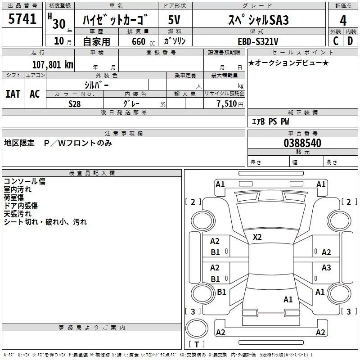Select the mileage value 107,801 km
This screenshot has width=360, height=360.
pyautogui.click(x=53, y=64)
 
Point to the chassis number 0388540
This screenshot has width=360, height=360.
pyautogui.click(x=302, y=143)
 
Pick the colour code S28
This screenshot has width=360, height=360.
pyautogui.click(x=75, y=104)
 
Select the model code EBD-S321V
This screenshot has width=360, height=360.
pyautogui.click(x=258, y=41)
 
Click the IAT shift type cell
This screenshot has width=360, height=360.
pyautogui.click(x=13, y=94)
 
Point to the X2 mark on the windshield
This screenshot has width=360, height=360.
pyautogui.click(x=257, y=237)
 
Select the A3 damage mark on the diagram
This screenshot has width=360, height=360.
pyautogui.click(x=326, y=268)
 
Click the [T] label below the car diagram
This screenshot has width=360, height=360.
pyautogui.click(x=196, y=345)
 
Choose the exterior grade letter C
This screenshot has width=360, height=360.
pyautogui.click(x=335, y=41)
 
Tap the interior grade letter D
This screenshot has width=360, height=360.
pyautogui.click(x=350, y=41)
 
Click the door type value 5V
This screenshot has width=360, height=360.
pyautogui.click(x=175, y=20)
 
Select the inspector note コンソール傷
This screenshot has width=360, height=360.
pyautogui.click(x=24, y=181)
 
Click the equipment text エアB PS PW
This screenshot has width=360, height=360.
pyautogui.click(x=270, y=121)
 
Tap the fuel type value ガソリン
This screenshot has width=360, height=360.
pyautogui.click(x=175, y=41)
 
